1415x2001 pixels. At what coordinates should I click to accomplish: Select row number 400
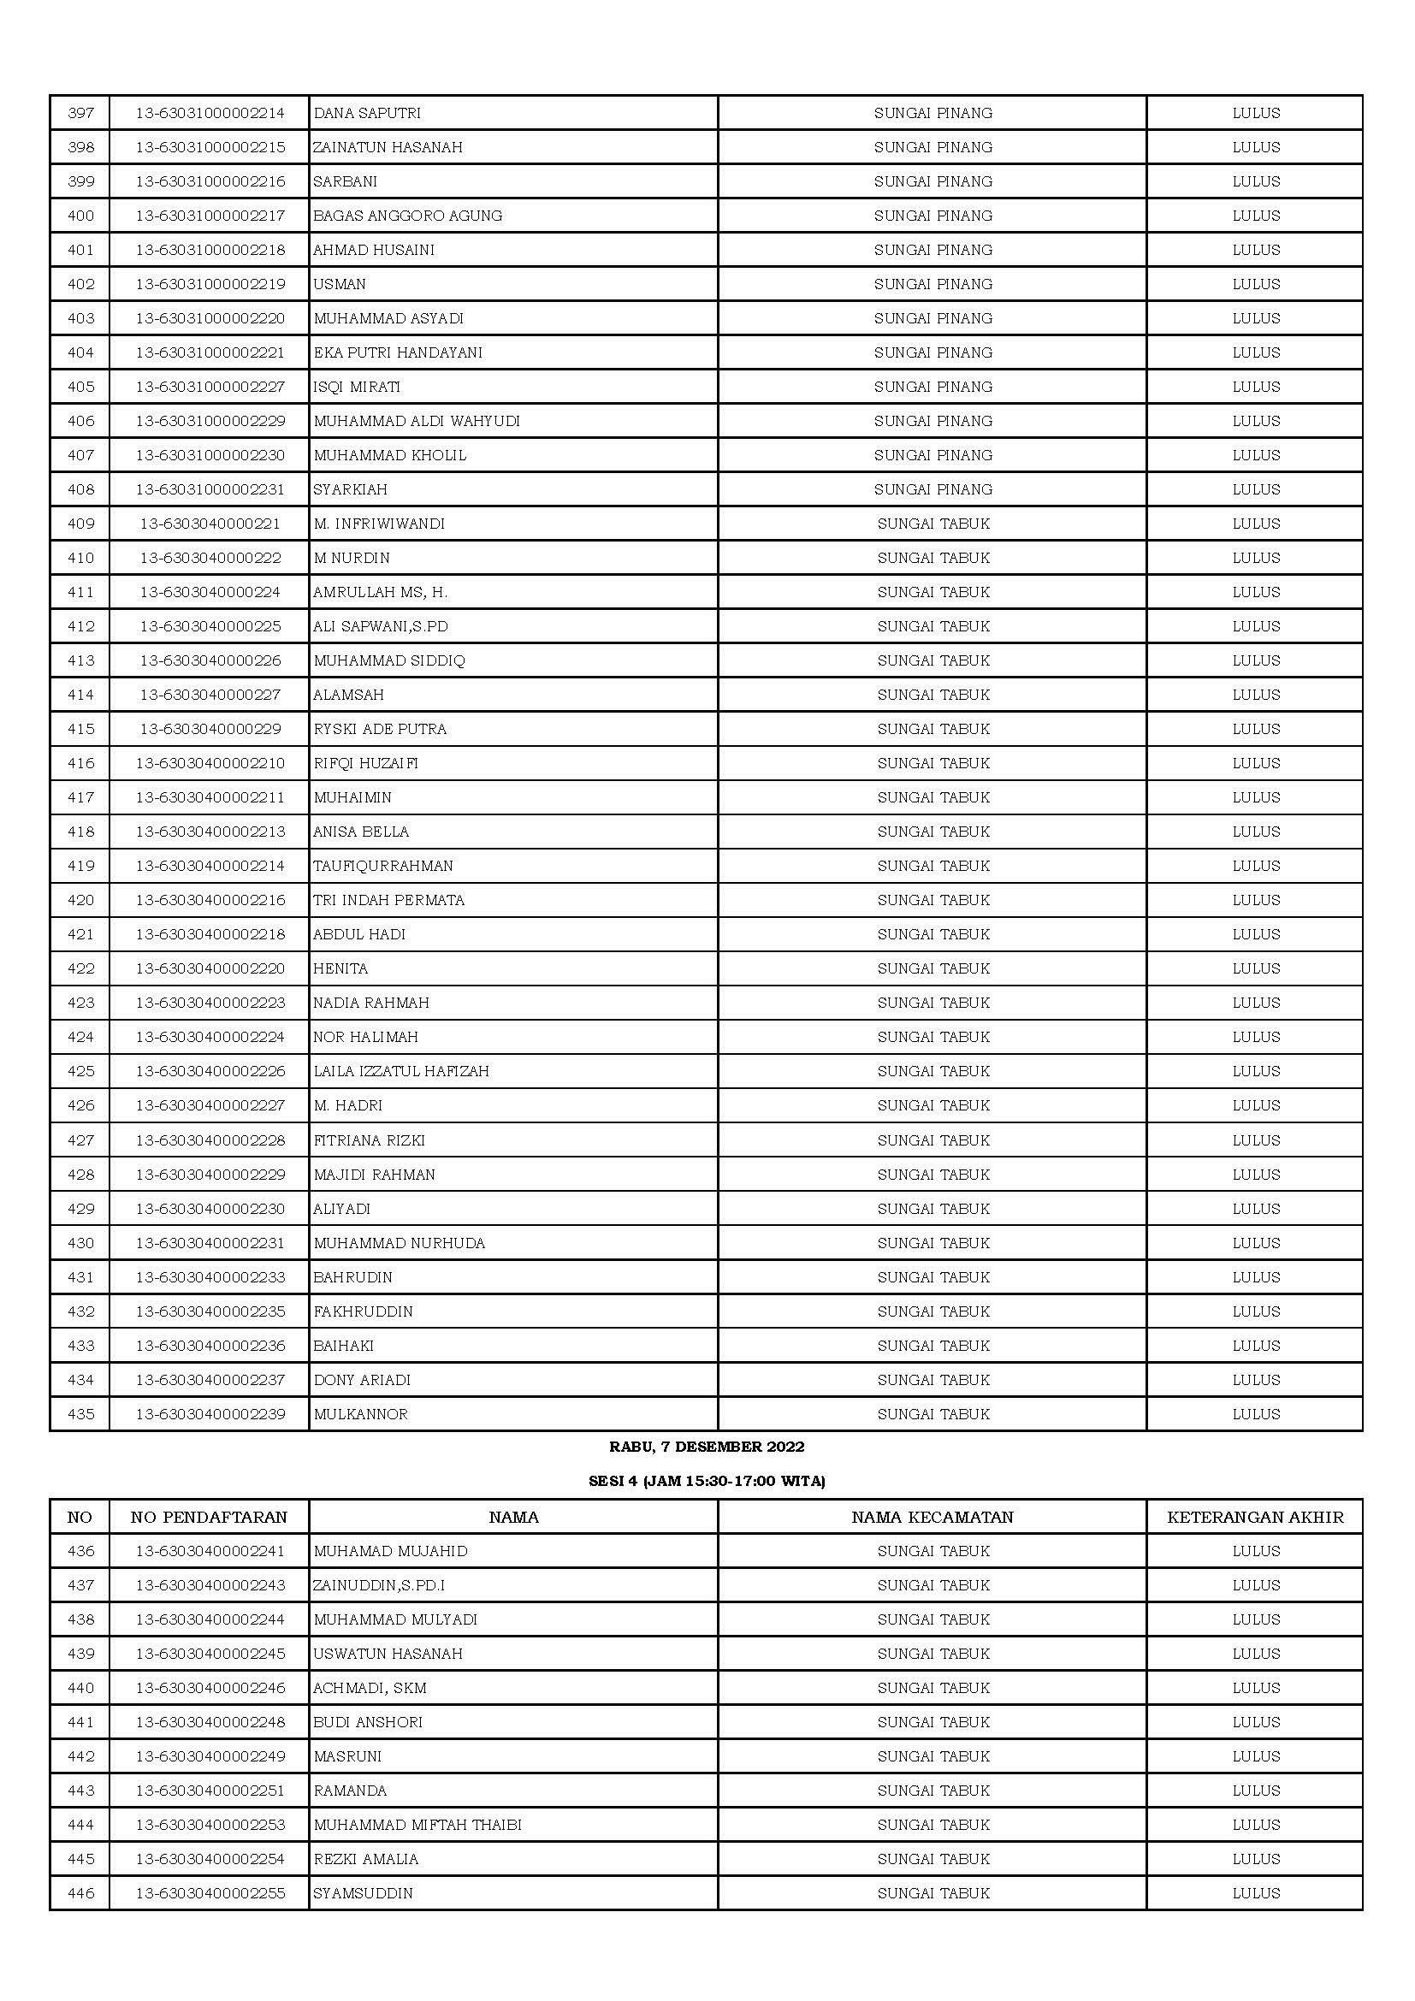click(80, 216)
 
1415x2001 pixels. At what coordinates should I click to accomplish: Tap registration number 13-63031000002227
click(210, 387)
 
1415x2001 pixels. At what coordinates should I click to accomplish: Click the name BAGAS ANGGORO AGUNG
click(408, 216)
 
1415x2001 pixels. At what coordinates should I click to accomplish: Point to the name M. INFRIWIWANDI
click(379, 524)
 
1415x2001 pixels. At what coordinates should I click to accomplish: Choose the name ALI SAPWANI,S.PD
click(381, 626)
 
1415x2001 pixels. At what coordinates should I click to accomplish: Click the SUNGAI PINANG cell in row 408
click(933, 490)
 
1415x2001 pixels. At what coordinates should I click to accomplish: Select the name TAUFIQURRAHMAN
click(383, 867)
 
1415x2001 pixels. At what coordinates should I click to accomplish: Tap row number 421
click(80, 934)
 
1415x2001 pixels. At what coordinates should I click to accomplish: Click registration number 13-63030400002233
click(210, 1277)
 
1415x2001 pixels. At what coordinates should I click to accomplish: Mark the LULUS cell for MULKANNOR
click(1256, 1414)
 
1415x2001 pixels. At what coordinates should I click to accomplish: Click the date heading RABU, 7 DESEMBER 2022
click(707, 1447)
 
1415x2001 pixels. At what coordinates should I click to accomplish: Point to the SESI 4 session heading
click(707, 1481)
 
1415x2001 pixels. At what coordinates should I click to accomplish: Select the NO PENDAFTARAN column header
click(209, 1518)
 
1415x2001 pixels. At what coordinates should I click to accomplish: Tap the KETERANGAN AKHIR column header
click(1256, 1518)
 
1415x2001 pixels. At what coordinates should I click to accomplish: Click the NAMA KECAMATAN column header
click(932, 1518)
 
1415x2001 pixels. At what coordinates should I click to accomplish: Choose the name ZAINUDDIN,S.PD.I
click(379, 1585)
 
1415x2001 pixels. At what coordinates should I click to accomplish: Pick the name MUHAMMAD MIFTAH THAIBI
click(417, 1825)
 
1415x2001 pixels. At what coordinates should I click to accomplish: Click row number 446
click(80, 1893)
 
